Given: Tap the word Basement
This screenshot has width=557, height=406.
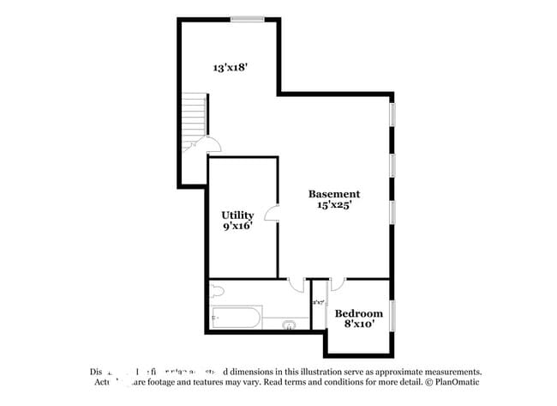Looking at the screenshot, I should click(x=334, y=194).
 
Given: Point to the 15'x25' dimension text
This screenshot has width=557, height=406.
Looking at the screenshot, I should click(x=334, y=205).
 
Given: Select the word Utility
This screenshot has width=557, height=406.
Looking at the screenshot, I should click(x=237, y=215).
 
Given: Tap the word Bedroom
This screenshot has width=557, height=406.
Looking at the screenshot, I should click(x=358, y=313).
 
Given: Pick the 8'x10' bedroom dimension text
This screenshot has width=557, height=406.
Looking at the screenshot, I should click(x=358, y=324).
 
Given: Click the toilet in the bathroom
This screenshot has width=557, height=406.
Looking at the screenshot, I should click(x=216, y=291).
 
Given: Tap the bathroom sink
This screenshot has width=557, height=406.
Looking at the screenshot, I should click(x=290, y=324).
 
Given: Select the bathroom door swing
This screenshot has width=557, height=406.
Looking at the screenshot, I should click(x=296, y=284).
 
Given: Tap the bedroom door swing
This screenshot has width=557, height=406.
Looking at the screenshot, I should click(x=337, y=283).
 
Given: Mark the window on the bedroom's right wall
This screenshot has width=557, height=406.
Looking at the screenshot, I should click(x=392, y=313).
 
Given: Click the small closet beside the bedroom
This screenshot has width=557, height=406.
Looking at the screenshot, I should click(x=318, y=303).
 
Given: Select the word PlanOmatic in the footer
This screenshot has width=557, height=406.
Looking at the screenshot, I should click(x=454, y=381).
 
